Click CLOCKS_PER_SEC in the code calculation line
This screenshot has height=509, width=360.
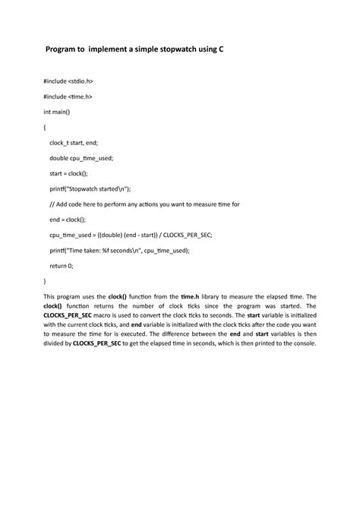pyautogui.click(x=183, y=235)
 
